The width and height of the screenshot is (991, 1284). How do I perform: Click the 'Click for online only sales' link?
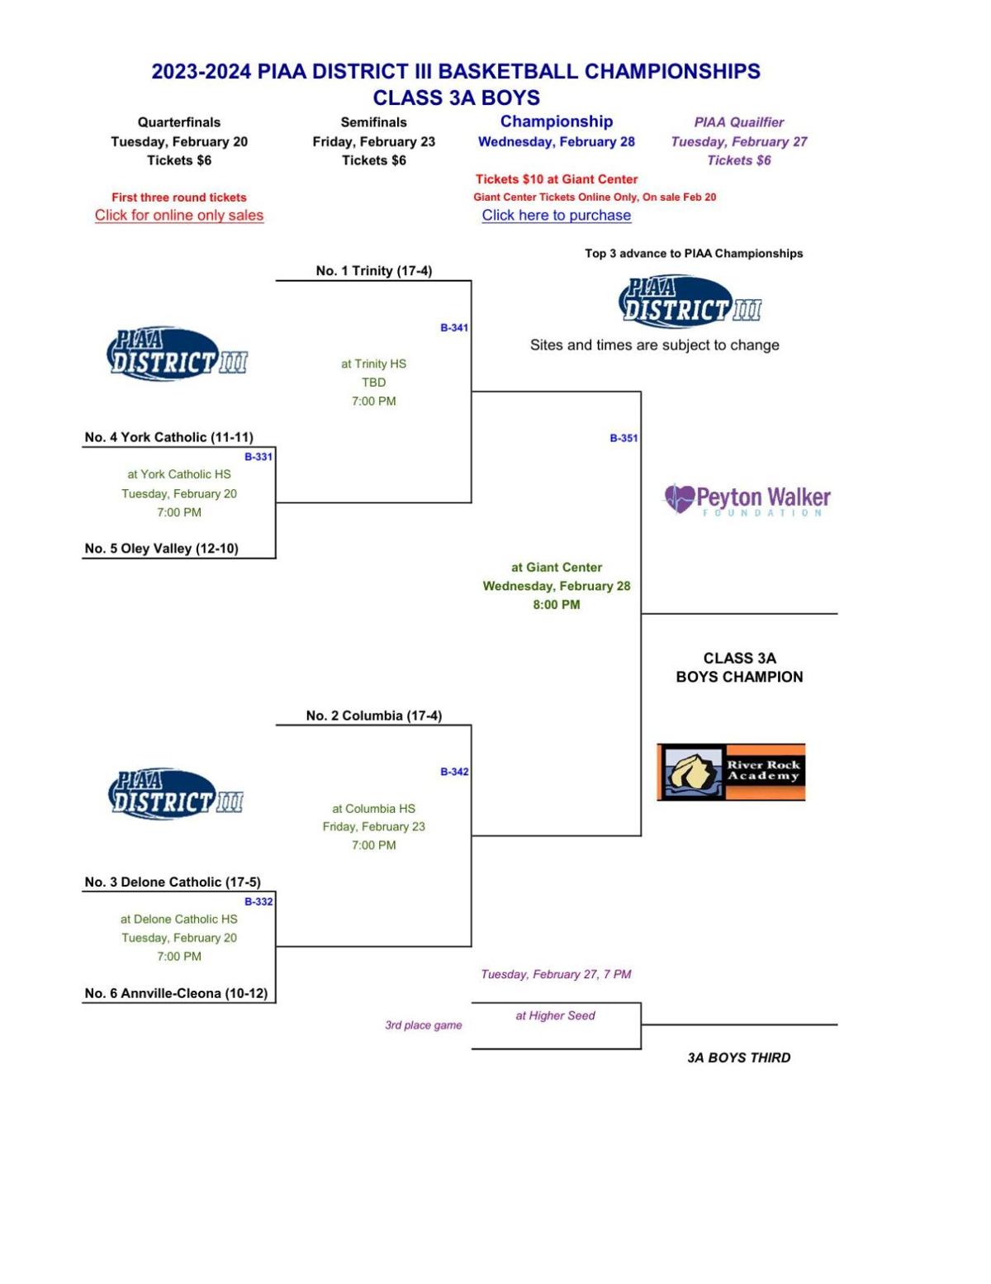pos(178,216)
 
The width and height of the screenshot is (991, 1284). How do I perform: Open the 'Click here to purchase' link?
pos(556,216)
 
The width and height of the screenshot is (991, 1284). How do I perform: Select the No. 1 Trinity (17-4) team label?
pos(373,271)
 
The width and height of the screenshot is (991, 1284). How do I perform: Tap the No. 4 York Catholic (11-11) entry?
pos(168,437)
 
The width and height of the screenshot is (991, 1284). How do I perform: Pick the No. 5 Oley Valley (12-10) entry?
pos(161,549)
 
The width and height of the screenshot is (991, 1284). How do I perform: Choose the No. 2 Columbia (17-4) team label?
pos(373,716)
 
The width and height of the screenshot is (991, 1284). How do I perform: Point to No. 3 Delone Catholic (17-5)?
pos(172,882)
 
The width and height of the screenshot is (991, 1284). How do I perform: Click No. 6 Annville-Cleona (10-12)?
pos(176,993)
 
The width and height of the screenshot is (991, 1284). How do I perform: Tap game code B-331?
pos(258,457)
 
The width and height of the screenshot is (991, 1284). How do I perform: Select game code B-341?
pos(454,328)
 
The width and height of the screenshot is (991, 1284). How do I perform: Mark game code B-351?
pos(624,439)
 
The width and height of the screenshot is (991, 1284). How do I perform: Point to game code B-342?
pos(454,772)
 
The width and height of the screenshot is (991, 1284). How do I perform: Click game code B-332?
pos(258,901)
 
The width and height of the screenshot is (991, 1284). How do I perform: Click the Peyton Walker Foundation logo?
pos(747,500)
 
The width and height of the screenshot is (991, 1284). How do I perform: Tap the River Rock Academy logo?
pos(731,772)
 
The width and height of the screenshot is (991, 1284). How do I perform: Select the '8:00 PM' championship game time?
pos(556,605)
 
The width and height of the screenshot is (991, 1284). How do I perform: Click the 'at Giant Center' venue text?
pos(556,568)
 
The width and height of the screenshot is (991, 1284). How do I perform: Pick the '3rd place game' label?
pos(423,1025)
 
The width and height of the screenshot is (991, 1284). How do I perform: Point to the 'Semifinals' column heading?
pos(373,122)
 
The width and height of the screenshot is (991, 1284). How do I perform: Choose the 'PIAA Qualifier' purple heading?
pos(738,122)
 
